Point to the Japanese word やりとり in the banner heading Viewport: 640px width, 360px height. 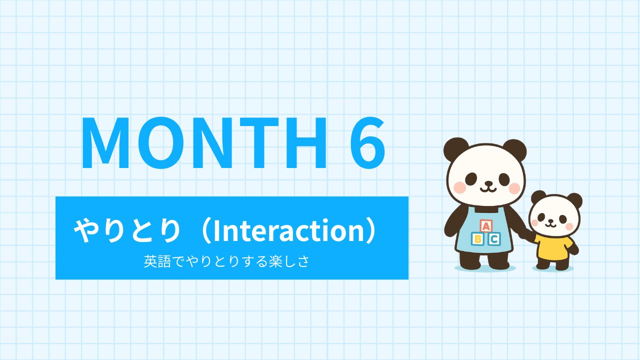[127, 231]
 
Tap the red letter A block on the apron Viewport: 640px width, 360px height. [485, 226]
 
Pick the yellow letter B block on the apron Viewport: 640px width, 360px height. [477, 239]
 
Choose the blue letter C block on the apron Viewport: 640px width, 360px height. [494, 239]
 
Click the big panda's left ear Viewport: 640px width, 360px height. [455, 149]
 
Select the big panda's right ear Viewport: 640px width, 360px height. [515, 150]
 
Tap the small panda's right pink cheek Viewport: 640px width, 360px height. [569, 226]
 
